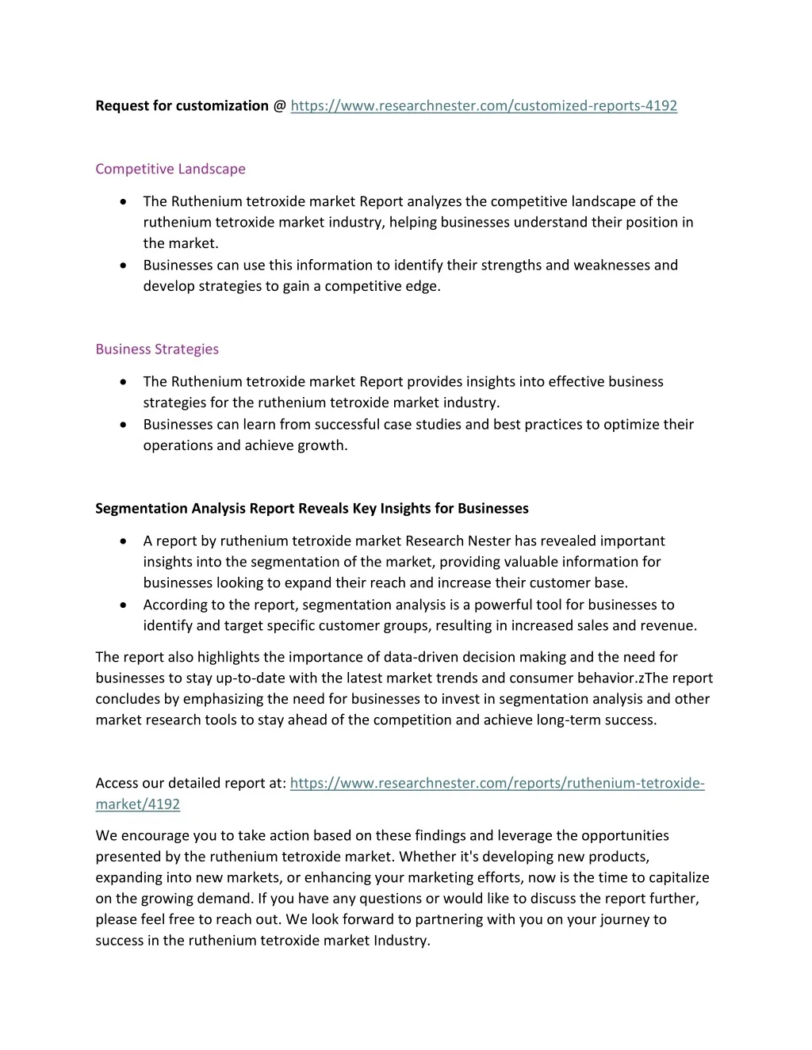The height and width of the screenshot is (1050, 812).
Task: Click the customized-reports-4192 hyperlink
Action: tap(484, 105)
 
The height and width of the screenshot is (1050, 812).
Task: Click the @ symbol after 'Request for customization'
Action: tap(279, 105)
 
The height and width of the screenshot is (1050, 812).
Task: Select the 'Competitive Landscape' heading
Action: tap(170, 169)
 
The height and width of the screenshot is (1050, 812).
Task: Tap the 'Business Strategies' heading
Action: tap(157, 349)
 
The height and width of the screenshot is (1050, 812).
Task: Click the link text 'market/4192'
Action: tap(138, 804)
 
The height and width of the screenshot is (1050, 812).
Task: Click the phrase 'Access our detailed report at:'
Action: tap(190, 783)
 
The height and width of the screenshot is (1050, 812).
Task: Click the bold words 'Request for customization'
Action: tap(182, 105)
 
